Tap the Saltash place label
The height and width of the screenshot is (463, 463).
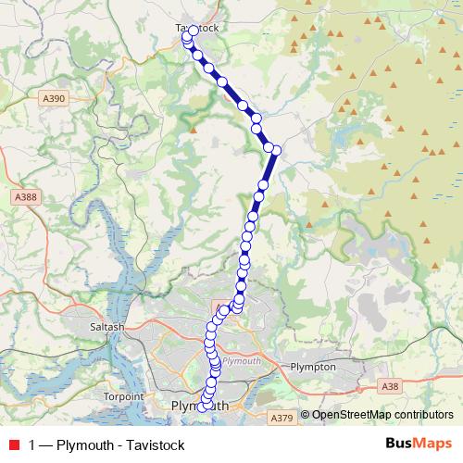click(108, 327)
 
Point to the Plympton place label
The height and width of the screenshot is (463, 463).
click(312, 367)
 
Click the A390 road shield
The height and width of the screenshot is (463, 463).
click(55, 95)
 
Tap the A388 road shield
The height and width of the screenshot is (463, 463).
click(26, 196)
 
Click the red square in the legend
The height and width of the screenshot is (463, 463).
click(13, 444)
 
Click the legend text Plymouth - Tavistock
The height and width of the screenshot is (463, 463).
click(120, 444)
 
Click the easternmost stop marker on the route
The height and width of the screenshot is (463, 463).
click(276, 149)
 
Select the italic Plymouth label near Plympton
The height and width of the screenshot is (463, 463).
click(243, 360)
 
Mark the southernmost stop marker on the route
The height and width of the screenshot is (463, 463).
click(202, 407)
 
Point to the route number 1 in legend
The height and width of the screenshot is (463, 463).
click(33, 444)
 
